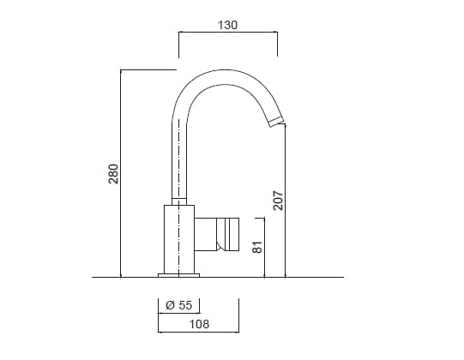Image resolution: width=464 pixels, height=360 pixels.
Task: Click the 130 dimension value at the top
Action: click(226, 25)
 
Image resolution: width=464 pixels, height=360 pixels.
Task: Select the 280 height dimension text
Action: click(112, 174)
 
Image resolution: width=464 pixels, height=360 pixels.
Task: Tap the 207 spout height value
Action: click(277, 201)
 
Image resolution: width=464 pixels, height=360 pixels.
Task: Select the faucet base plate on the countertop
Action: click(178, 274)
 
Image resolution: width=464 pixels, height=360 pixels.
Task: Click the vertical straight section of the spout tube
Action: click(178, 154)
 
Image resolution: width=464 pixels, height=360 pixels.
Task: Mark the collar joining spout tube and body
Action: click(178, 201)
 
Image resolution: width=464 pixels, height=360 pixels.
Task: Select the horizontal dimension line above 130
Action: click(226, 33)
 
